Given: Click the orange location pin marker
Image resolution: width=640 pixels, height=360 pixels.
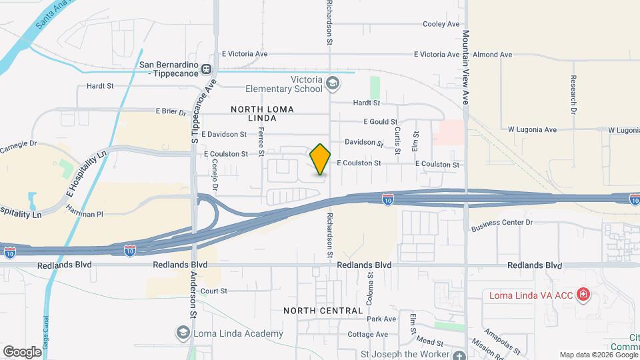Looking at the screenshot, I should pyautogui.click(x=321, y=159).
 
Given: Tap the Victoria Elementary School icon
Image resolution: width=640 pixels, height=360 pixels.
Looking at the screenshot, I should pyautogui.click(x=333, y=83).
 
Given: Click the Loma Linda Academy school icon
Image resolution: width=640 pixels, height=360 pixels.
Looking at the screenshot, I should pyautogui.click(x=182, y=333).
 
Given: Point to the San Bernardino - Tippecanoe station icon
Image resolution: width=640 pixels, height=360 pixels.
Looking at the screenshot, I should pyautogui.click(x=207, y=69).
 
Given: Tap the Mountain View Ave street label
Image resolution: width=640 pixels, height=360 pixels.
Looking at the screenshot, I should pyautogui.click(x=466, y=66).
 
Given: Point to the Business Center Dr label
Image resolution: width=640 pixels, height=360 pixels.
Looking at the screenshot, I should pyautogui.click(x=502, y=224).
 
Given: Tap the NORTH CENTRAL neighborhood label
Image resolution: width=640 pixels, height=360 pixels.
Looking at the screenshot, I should pyautogui.click(x=323, y=311).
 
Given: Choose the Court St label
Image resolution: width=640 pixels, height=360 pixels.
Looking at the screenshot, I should pyautogui.click(x=214, y=291).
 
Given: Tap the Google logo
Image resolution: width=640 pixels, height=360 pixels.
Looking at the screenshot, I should pyautogui.click(x=22, y=351).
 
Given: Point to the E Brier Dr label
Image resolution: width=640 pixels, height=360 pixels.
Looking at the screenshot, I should pyautogui.click(x=171, y=111).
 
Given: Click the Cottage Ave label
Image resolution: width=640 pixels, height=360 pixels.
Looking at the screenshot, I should pyautogui.click(x=367, y=334).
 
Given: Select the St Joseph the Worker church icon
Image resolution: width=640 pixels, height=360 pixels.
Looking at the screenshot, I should pyautogui.click(x=458, y=355).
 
